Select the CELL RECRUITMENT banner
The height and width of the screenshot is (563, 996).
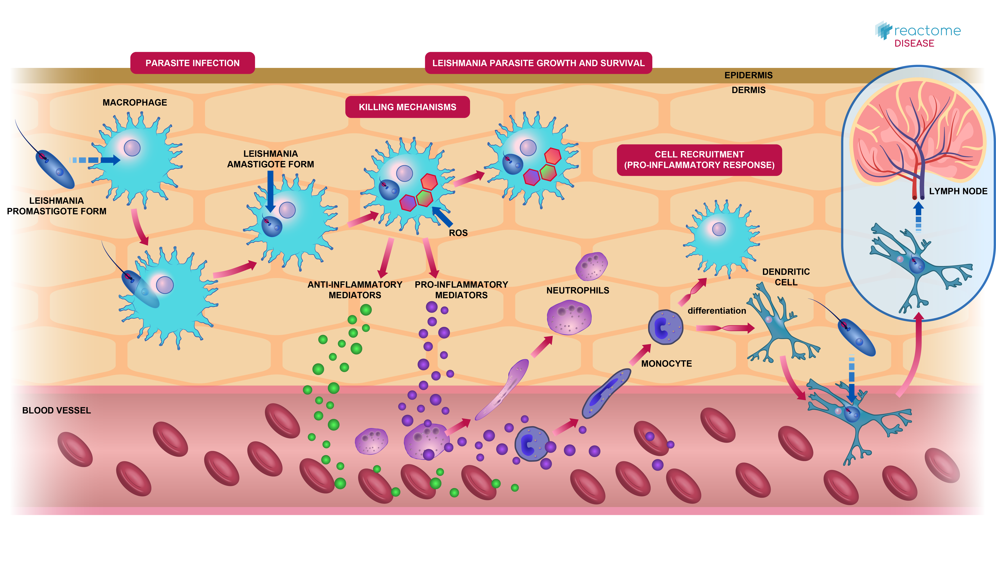[x=699, y=160]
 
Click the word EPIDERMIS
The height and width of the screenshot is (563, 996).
[x=748, y=75]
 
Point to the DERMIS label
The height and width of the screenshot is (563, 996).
[x=748, y=90]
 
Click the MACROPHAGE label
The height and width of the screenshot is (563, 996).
[x=135, y=102]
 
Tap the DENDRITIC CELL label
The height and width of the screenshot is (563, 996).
[x=786, y=277]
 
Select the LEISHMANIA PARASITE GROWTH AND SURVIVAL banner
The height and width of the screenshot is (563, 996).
[x=538, y=63]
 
